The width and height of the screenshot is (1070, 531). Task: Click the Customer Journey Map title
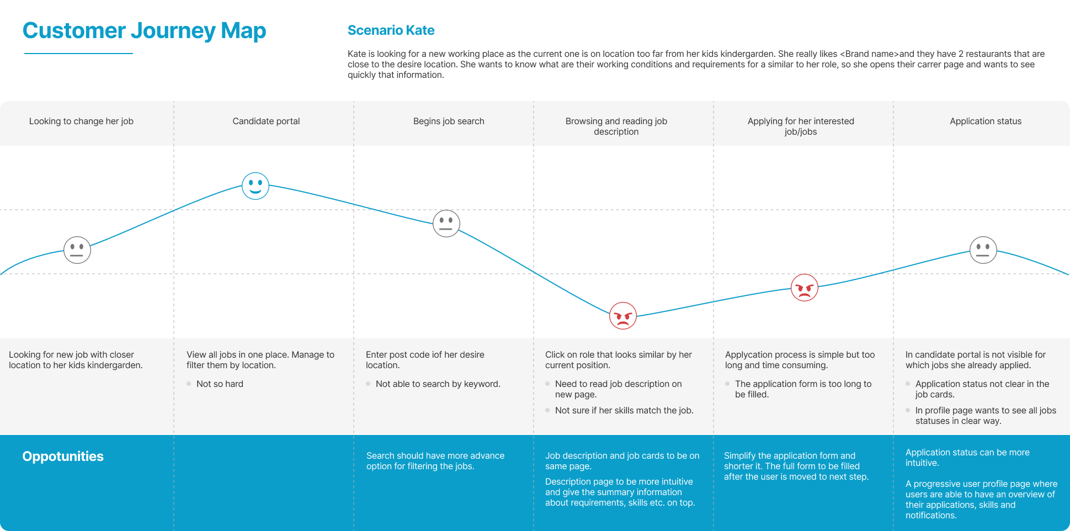tap(144, 31)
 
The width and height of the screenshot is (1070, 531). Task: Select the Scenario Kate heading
tap(391, 30)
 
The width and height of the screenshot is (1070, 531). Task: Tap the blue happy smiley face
tap(255, 186)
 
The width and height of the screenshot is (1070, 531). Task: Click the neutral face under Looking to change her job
tap(77, 250)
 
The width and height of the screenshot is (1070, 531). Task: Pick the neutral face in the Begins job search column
tap(446, 224)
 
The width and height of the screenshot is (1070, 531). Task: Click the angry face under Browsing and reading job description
tap(623, 316)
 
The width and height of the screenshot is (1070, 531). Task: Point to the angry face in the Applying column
tap(805, 288)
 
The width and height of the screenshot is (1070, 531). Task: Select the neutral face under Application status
tap(983, 250)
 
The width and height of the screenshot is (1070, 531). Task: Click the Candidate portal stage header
tap(266, 121)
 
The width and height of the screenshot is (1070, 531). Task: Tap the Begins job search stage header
tap(449, 121)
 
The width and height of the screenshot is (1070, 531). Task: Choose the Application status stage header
tap(986, 121)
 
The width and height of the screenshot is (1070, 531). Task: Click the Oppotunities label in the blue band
tap(63, 456)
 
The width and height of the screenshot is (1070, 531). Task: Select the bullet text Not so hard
tap(220, 384)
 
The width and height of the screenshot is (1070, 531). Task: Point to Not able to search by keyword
tap(438, 384)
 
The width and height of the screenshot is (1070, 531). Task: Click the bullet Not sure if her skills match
tap(624, 411)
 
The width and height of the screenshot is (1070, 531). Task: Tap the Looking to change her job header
tap(81, 121)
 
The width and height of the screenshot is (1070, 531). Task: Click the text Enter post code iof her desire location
tap(425, 360)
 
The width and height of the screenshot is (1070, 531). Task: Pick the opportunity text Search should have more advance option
tap(435, 461)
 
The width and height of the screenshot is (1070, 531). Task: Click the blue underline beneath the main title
tap(78, 54)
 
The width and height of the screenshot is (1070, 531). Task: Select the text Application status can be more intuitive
tap(967, 458)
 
